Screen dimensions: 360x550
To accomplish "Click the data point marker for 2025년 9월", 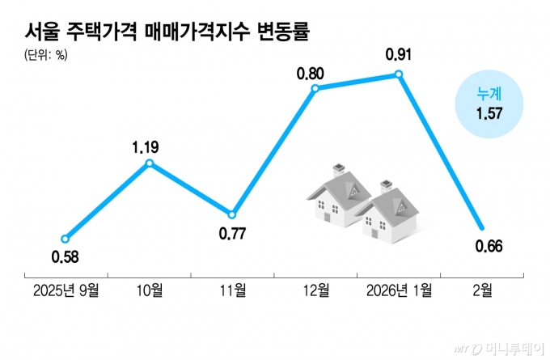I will pos(66,239).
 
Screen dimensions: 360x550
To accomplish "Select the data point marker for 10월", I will pos(150,163).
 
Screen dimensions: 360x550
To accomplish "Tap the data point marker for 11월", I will pos(232,215).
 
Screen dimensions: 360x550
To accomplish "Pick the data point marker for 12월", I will pos(315,87).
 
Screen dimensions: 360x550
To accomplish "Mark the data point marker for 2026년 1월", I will pos(399,74).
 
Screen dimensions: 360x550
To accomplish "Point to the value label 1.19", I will pos(146,147).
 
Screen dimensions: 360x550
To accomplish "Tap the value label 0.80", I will pos(311,73).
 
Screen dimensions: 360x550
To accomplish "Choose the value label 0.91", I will pos(400,55).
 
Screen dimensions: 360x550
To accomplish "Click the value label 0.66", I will pos(485,246).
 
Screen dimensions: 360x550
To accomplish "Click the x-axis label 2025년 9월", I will pos(66,290).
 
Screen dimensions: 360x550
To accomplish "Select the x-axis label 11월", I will pos(232,290).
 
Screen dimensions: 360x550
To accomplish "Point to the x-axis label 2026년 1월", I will pos(399,290).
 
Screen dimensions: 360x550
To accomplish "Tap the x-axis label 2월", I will pos(483,290).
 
